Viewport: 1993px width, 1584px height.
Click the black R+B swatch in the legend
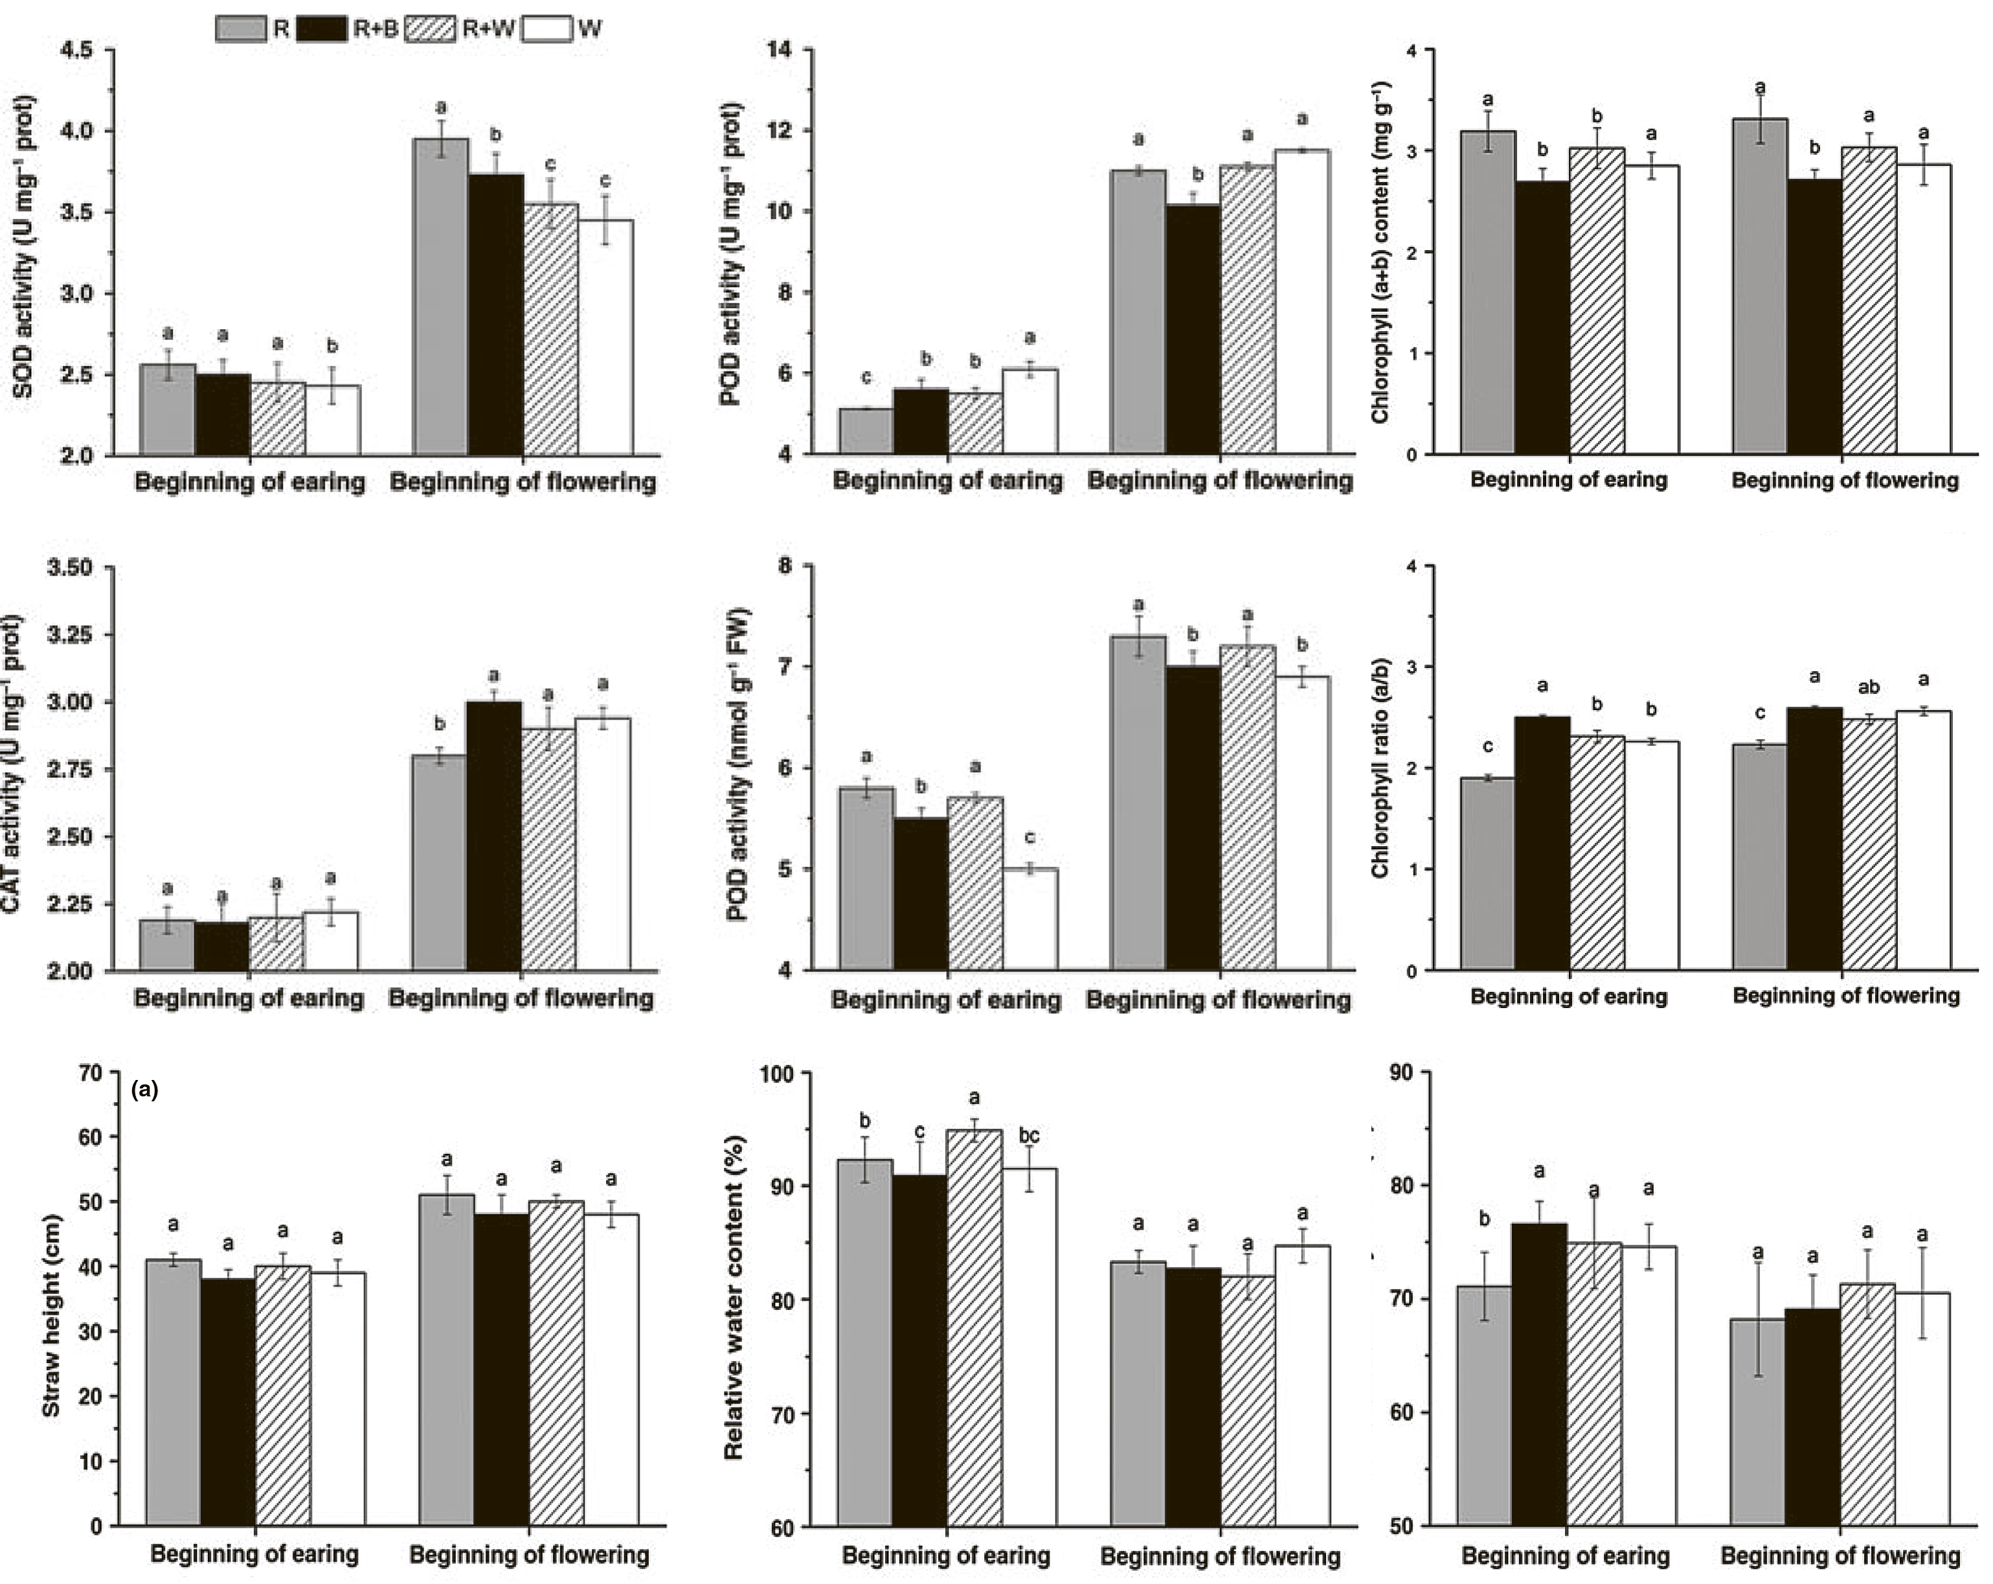click(x=322, y=29)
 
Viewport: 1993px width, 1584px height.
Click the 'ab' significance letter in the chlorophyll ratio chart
click(x=1868, y=688)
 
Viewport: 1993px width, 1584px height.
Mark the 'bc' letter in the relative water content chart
click(x=1029, y=1136)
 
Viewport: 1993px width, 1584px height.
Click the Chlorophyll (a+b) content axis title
click(x=1380, y=251)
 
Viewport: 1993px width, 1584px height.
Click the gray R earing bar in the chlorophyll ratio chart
click(x=1487, y=874)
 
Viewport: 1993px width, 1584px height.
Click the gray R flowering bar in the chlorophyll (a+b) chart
click(x=1759, y=286)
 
